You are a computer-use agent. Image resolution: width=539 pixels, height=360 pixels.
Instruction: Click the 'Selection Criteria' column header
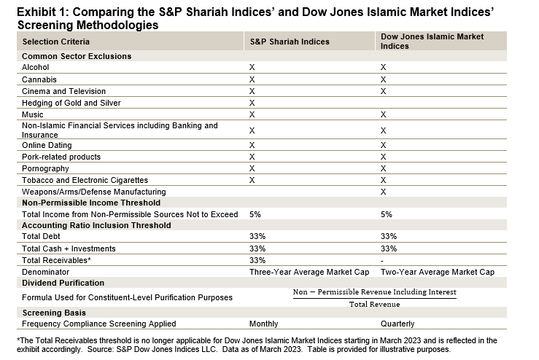coord(55,42)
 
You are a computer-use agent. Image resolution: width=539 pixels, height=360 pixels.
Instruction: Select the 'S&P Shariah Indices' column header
coord(290,42)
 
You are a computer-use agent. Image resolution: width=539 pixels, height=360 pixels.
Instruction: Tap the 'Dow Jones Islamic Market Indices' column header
coord(432,42)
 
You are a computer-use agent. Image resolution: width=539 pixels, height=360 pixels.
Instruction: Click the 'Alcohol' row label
coord(36,67)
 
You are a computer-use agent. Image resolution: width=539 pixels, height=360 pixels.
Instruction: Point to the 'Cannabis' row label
coord(39,79)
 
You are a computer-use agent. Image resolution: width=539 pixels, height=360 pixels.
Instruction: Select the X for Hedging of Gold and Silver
coord(252,103)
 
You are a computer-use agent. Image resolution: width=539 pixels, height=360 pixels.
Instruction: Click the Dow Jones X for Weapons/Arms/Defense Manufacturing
coord(383,191)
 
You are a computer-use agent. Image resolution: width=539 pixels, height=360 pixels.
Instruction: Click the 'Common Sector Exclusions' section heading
coord(77,55)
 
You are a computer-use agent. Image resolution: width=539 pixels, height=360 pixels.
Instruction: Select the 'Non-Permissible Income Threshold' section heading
coord(91,203)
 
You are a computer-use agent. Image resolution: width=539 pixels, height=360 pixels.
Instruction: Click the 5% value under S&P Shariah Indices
coord(255,214)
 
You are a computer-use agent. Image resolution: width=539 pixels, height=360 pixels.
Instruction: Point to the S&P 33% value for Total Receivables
coord(257,260)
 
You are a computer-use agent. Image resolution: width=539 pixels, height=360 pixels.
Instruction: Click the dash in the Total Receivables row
coord(383,260)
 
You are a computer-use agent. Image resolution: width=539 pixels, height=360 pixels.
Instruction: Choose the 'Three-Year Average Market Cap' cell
coord(311,272)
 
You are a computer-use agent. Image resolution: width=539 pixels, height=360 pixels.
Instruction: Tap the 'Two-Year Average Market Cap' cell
coord(438,272)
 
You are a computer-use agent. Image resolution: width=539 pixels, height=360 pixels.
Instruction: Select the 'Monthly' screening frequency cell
coord(264,324)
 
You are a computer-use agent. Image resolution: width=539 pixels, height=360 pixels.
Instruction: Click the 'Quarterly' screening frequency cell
coord(398,324)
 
